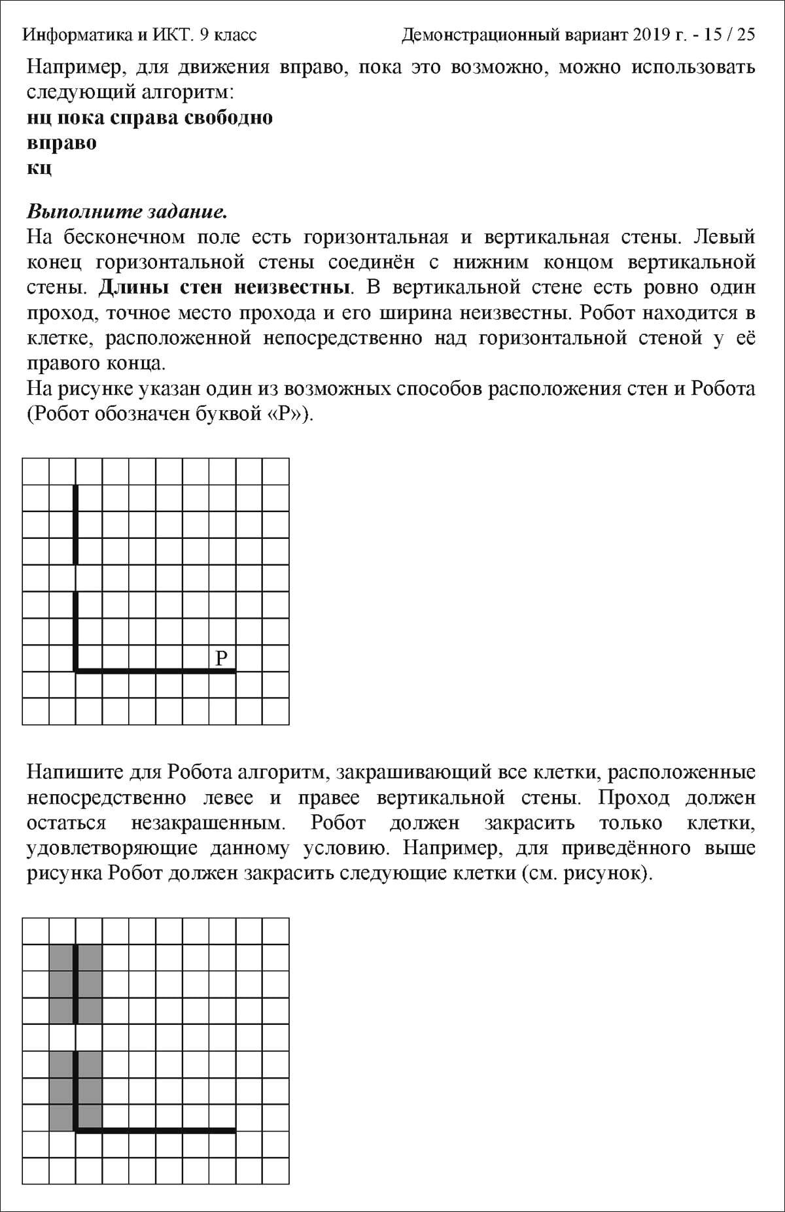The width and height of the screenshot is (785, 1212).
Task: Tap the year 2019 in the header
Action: [x=648, y=35]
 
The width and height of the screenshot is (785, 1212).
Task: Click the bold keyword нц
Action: [x=39, y=118]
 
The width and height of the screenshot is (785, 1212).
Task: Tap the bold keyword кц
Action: [x=39, y=168]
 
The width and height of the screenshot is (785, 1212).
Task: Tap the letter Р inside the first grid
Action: [x=222, y=657]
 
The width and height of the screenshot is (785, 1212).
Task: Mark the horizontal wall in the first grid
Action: [x=155, y=670]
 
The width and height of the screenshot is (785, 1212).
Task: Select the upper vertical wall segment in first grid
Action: [x=76, y=524]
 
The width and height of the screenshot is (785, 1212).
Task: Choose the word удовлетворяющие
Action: [x=112, y=848]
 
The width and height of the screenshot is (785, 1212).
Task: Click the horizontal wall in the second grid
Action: [x=155, y=1130]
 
